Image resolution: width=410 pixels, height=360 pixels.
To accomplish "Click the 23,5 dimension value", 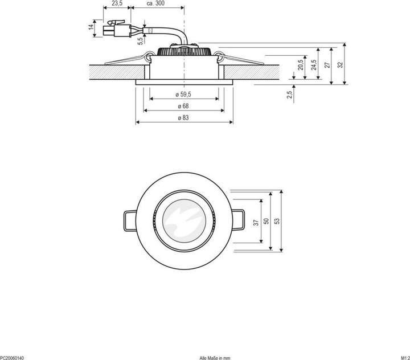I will pyautogui.click(x=117, y=3).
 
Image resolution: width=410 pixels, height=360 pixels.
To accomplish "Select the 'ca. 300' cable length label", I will pyautogui.click(x=156, y=3).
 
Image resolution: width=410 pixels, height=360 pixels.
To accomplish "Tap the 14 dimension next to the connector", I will pyautogui.click(x=91, y=27).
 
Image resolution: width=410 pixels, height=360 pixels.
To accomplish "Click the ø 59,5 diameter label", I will pyautogui.click(x=183, y=94).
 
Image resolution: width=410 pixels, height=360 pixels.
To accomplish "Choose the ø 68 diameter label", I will pyautogui.click(x=183, y=106).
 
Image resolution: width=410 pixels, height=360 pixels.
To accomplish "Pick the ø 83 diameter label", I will pyautogui.click(x=183, y=118).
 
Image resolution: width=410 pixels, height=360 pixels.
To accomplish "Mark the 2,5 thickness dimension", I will pyautogui.click(x=290, y=92).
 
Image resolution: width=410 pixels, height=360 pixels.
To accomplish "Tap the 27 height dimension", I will pyautogui.click(x=327, y=64).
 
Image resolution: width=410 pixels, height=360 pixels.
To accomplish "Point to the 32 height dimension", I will pyautogui.click(x=341, y=64).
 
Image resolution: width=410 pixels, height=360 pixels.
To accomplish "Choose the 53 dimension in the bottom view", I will pyautogui.click(x=277, y=221).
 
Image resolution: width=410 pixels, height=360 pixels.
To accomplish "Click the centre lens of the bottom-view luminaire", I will pyautogui.click(x=183, y=221).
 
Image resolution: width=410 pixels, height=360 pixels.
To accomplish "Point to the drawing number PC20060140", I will pyautogui.click(x=13, y=357).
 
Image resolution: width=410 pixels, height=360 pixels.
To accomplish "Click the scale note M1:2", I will pyautogui.click(x=403, y=357).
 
